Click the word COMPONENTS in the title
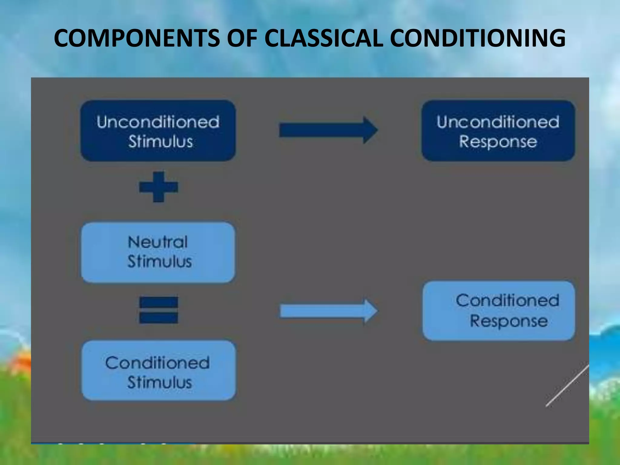point(137,38)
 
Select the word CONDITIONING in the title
point(477,38)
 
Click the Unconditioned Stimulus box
point(158,131)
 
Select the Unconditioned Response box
point(498,131)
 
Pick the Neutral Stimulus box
point(158,252)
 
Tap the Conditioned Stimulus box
point(158,371)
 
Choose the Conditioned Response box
point(499,311)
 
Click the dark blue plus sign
point(159,187)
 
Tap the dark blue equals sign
point(159,310)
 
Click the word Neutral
point(158,242)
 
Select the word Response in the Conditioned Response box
point(509,321)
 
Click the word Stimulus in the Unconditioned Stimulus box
point(160,142)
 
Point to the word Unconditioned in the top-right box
point(498,122)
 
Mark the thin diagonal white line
point(567,386)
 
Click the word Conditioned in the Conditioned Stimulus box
point(157,363)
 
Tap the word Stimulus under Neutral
point(160,262)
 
